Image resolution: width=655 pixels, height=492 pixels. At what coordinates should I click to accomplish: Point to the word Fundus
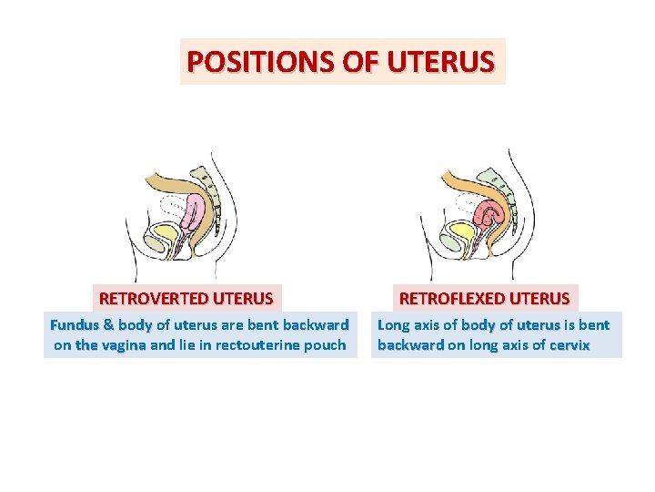(75, 324)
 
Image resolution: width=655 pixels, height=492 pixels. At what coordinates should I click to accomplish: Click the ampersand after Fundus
(109, 324)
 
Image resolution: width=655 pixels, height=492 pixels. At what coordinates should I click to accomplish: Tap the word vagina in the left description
(124, 345)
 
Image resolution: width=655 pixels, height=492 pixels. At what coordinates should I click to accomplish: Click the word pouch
(323, 345)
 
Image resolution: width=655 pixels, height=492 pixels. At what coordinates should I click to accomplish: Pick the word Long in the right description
(393, 324)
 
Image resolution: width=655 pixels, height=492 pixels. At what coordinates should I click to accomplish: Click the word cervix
(569, 345)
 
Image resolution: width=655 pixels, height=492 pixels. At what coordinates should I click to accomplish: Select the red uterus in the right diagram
(490, 215)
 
